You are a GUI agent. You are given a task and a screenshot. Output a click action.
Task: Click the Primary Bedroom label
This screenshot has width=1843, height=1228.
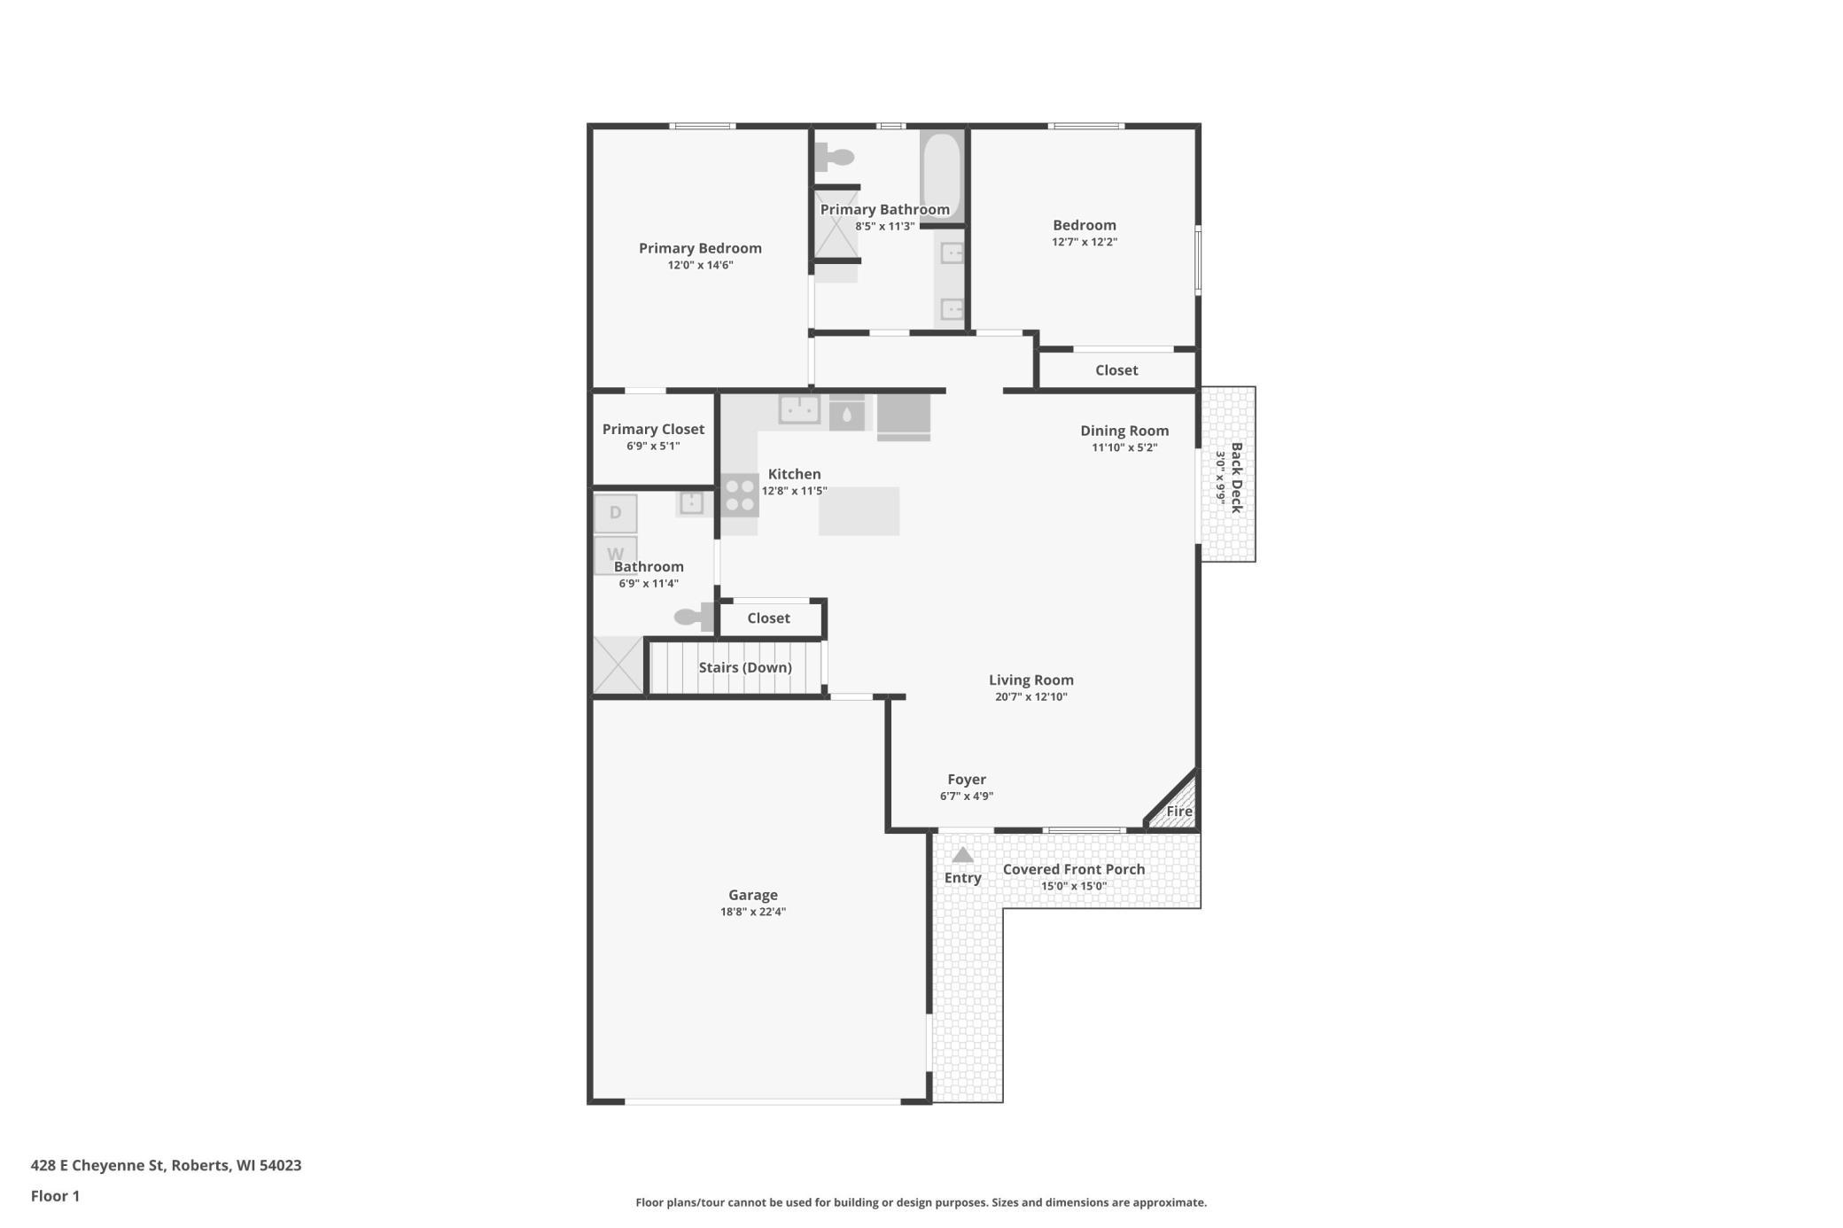(700, 248)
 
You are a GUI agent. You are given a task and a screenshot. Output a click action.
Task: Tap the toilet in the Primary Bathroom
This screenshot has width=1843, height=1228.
(834, 158)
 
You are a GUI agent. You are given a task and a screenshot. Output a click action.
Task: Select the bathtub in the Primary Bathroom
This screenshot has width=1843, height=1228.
(941, 176)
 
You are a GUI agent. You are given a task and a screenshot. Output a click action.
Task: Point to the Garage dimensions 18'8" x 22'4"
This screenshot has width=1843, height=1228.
(753, 912)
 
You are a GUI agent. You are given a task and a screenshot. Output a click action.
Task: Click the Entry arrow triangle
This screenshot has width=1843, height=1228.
(962, 855)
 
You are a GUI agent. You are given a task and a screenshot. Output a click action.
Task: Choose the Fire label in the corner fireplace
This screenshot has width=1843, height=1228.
(1178, 811)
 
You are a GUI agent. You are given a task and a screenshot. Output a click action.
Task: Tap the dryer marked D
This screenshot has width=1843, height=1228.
(615, 513)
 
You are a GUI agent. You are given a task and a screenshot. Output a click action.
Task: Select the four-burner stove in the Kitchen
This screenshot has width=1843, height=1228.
(739, 495)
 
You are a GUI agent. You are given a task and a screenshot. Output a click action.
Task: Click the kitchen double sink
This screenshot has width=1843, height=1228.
(799, 409)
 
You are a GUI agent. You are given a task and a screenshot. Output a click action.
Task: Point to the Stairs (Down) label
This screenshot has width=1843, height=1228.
(745, 667)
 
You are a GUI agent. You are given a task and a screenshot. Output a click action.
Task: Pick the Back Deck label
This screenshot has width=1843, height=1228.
(1236, 478)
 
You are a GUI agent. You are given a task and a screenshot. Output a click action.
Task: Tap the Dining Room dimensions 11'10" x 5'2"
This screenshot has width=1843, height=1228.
(1124, 447)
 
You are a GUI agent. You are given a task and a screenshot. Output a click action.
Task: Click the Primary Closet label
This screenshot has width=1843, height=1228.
(653, 429)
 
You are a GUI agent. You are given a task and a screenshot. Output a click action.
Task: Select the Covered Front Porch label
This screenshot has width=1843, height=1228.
(1074, 869)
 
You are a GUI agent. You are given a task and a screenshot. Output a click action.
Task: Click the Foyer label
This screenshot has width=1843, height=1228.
(967, 780)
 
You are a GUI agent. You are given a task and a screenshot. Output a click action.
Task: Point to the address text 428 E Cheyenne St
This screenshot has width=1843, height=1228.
(97, 1165)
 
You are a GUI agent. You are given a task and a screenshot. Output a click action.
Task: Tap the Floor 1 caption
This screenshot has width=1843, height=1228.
(55, 1196)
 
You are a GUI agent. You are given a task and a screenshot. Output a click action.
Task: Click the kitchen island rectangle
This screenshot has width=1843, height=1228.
(859, 511)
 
